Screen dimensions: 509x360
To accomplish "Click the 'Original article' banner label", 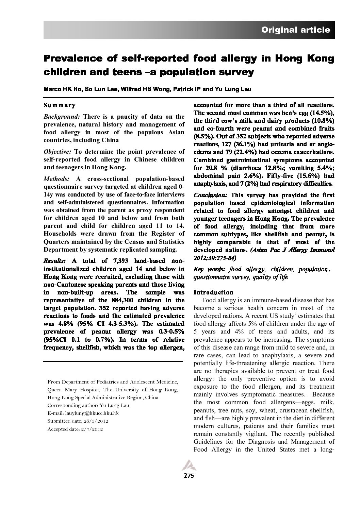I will click(x=295, y=30).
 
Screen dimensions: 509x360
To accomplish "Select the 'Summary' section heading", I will click(x=60, y=105).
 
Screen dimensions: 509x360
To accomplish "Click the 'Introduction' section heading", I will click(x=213, y=292).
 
